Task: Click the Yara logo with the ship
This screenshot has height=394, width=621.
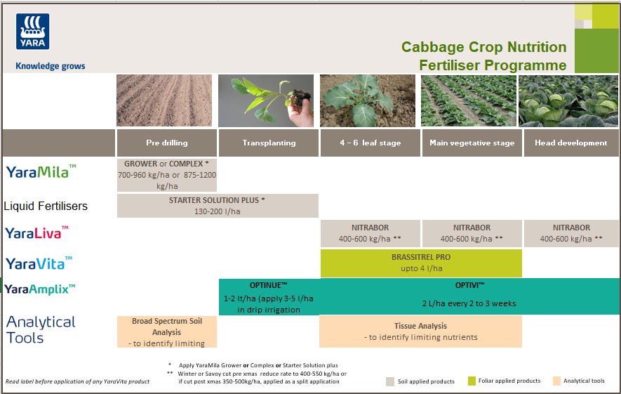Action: click(32, 31)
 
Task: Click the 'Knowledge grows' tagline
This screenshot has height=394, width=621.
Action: click(50, 66)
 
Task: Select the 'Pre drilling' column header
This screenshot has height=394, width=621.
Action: click(166, 143)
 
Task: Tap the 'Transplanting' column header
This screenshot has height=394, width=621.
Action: click(269, 143)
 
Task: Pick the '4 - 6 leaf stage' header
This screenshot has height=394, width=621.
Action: click(370, 143)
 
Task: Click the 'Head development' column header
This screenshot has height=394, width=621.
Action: click(570, 143)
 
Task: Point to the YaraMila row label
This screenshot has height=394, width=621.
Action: click(41, 171)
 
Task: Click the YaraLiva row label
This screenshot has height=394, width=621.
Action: click(36, 232)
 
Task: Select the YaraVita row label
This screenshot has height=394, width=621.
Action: click(39, 263)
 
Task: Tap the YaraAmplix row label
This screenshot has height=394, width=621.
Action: click(40, 289)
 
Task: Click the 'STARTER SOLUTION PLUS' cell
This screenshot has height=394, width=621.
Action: click(218, 206)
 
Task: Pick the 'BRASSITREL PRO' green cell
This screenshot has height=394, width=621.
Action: click(421, 263)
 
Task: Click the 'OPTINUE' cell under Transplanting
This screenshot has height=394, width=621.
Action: click(269, 297)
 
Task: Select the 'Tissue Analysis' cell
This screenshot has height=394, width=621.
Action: click(420, 331)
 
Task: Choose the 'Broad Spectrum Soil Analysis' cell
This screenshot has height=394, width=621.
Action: click(166, 331)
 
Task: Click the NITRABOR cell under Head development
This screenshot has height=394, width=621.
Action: click(571, 233)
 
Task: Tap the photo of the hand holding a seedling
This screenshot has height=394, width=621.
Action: click(269, 100)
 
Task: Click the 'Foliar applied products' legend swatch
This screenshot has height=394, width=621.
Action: click(472, 381)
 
